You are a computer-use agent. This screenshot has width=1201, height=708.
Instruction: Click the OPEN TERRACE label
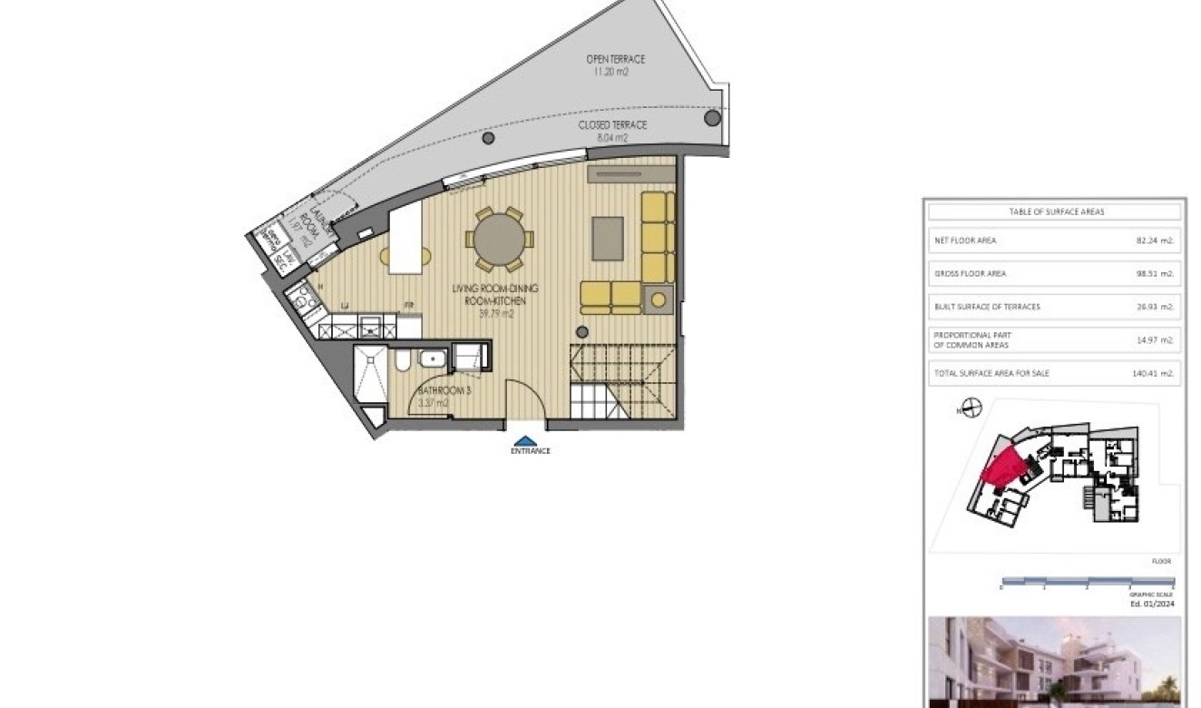tap(615, 59)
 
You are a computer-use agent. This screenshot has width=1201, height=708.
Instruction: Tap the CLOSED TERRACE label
tap(612, 125)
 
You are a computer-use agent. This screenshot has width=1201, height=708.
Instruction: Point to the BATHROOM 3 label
tap(444, 391)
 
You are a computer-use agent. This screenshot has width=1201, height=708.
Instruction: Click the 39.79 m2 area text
tap(496, 314)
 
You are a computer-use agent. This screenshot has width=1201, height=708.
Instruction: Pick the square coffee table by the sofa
tap(609, 239)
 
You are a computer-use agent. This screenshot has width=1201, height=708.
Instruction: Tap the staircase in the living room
tap(623, 380)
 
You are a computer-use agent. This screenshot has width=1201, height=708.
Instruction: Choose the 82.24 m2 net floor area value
tap(1155, 241)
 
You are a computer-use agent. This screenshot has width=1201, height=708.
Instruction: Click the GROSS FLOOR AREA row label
tap(970, 273)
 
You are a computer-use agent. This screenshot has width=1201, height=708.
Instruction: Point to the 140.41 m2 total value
tap(1153, 373)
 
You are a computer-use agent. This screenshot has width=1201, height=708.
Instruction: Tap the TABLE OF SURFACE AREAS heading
tap(1056, 211)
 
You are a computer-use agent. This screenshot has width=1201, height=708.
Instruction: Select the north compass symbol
tap(972, 408)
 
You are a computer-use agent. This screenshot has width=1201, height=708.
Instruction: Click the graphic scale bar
tap(1087, 580)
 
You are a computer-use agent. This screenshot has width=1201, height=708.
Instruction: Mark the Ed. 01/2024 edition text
tap(1151, 603)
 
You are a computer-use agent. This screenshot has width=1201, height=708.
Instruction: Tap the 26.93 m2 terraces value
tap(1155, 307)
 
